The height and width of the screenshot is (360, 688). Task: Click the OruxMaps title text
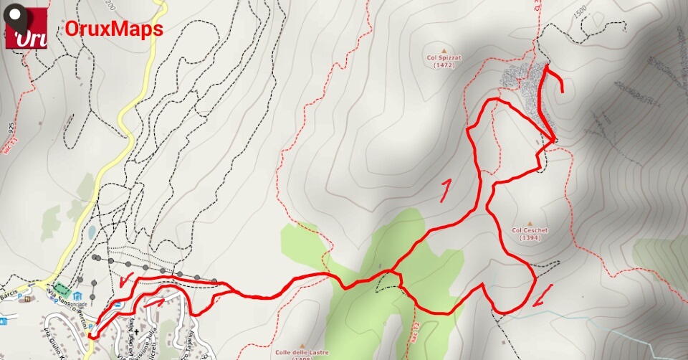click(x=114, y=29)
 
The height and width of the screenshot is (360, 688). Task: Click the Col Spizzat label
click(x=444, y=57)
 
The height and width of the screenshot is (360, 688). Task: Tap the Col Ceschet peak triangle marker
click(x=530, y=224)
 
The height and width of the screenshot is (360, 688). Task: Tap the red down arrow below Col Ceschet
click(x=543, y=294)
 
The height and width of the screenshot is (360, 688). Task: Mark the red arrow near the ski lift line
click(x=128, y=280)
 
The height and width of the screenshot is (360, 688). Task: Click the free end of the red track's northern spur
click(x=563, y=92)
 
